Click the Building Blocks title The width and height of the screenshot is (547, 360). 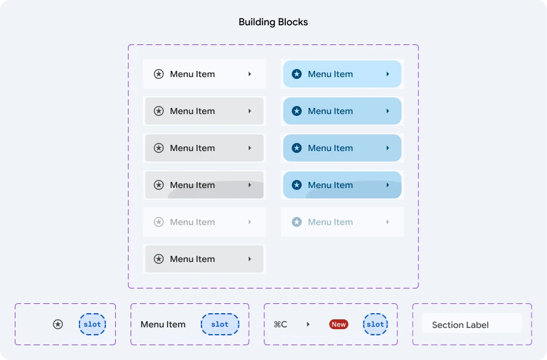[273, 22]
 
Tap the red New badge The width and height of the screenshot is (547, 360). [338, 324]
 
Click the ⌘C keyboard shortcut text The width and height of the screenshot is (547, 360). [280, 324]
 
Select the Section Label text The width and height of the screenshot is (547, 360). [460, 325]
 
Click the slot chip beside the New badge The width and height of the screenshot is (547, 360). [375, 324]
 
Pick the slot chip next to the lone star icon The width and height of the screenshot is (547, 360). [92, 324]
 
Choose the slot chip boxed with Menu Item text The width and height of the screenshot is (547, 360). [220, 324]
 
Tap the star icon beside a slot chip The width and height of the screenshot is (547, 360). [58, 324]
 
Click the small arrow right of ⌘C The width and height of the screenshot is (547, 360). [308, 324]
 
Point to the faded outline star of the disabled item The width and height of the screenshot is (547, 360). [159, 222]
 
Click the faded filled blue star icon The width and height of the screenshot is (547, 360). [296, 222]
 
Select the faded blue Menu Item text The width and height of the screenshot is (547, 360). [330, 222]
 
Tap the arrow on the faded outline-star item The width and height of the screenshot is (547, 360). [249, 222]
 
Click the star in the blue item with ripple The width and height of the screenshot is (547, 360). [296, 185]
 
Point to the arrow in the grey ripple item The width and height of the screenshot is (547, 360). [249, 185]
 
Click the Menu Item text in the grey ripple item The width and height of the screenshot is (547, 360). [192, 185]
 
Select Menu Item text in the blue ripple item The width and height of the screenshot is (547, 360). [330, 185]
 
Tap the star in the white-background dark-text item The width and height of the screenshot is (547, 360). [159, 74]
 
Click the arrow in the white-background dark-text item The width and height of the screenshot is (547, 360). [249, 74]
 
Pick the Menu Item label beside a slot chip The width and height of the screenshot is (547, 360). [163, 324]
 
